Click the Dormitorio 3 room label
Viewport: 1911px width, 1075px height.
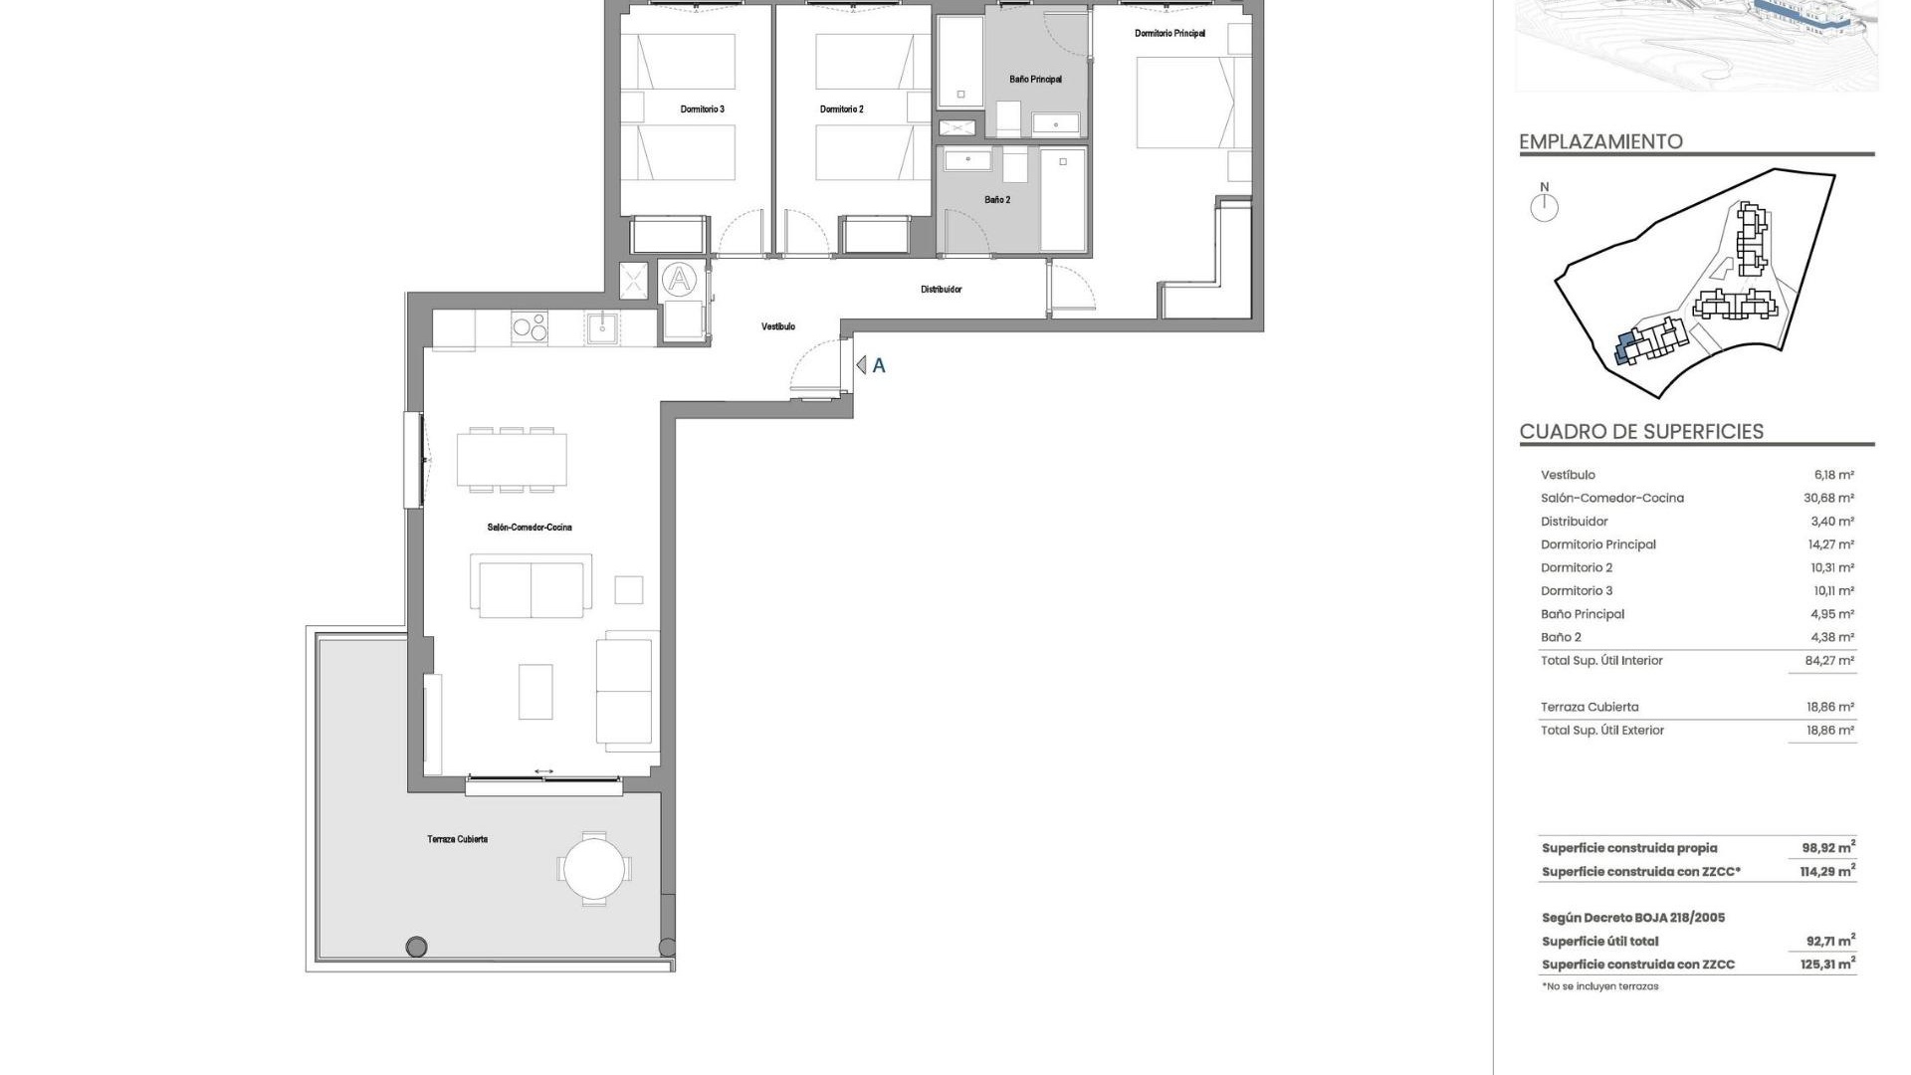pos(702,109)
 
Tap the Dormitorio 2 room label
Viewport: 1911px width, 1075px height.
pos(841,109)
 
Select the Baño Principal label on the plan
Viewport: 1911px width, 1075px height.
pos(1035,80)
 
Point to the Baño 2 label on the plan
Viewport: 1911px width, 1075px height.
pos(997,200)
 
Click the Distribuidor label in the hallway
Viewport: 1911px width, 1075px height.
pos(941,290)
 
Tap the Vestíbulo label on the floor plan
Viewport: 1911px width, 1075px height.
pos(778,326)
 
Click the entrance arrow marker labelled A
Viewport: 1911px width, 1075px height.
pos(862,365)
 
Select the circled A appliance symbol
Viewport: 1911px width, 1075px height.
pos(679,280)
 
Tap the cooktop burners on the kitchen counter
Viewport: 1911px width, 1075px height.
pos(529,327)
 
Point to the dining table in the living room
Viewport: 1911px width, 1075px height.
pos(512,460)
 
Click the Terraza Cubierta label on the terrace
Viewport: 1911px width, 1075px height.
pos(457,839)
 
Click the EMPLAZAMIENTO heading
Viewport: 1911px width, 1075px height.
pos(1600,141)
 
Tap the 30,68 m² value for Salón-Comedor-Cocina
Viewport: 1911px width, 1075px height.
pos(1828,499)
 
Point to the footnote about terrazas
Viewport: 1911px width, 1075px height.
pos(1599,986)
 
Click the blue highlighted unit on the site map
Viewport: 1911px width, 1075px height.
pos(1624,349)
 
